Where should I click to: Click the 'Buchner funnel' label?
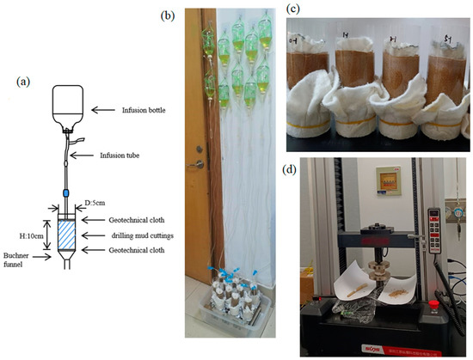[19, 261]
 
